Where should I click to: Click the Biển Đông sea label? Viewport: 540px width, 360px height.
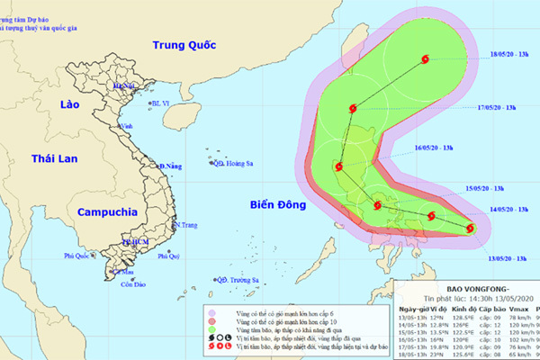[x=278, y=205]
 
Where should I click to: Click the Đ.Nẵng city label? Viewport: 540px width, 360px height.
[x=171, y=166]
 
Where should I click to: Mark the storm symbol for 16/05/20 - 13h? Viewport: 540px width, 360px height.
[x=337, y=166]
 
